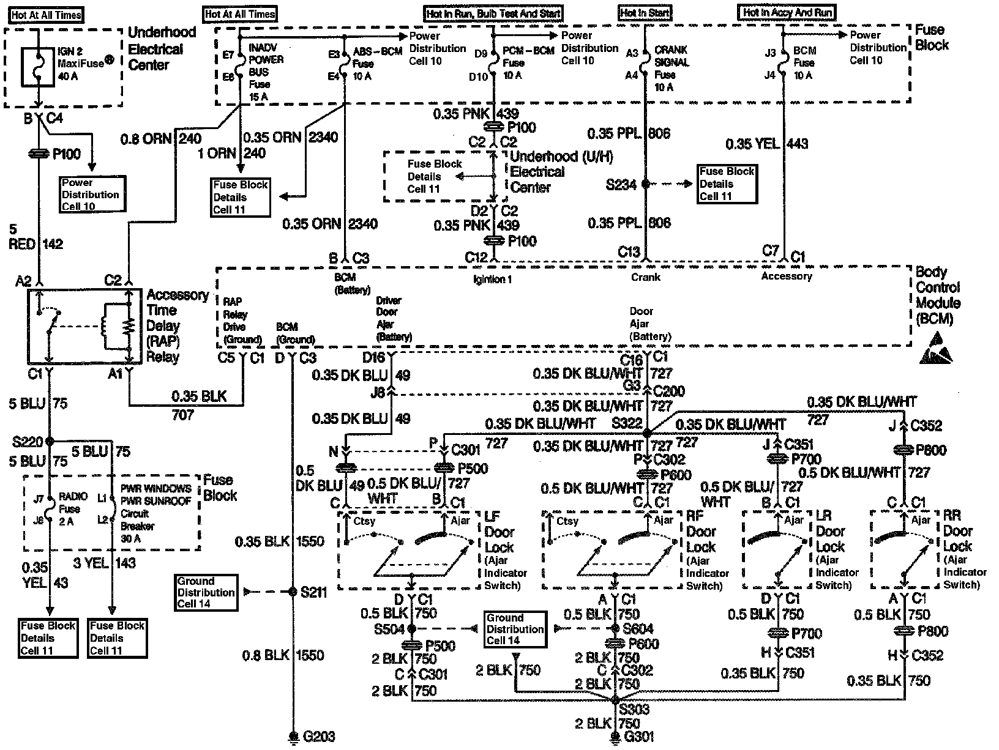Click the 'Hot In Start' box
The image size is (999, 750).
645,13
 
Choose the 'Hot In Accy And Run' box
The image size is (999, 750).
787,12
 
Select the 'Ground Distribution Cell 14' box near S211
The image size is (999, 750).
206,592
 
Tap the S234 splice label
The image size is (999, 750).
621,184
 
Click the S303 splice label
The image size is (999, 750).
634,710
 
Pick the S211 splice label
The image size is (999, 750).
314,592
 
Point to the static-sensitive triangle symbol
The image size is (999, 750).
936,349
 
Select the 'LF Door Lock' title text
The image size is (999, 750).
500,532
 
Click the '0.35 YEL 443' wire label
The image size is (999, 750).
766,144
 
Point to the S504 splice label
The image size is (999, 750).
390,629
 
